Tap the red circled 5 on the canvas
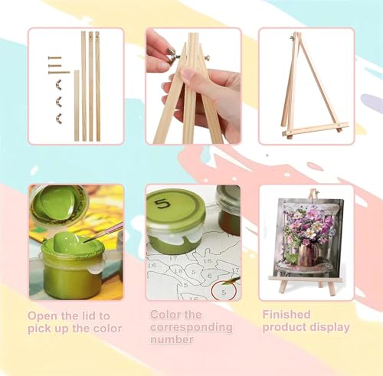click(x=224, y=292)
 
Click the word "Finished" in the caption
click(x=286, y=315)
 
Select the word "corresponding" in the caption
click(x=191, y=328)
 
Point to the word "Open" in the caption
click(x=43, y=316)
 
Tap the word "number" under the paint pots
click(x=172, y=339)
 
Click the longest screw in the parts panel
click(x=59, y=73)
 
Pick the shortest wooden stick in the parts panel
click(x=77, y=106)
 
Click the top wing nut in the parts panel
click(x=59, y=84)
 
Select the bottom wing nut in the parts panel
click(x=59, y=117)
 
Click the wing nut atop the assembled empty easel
click(x=293, y=38)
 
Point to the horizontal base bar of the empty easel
click(x=316, y=129)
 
